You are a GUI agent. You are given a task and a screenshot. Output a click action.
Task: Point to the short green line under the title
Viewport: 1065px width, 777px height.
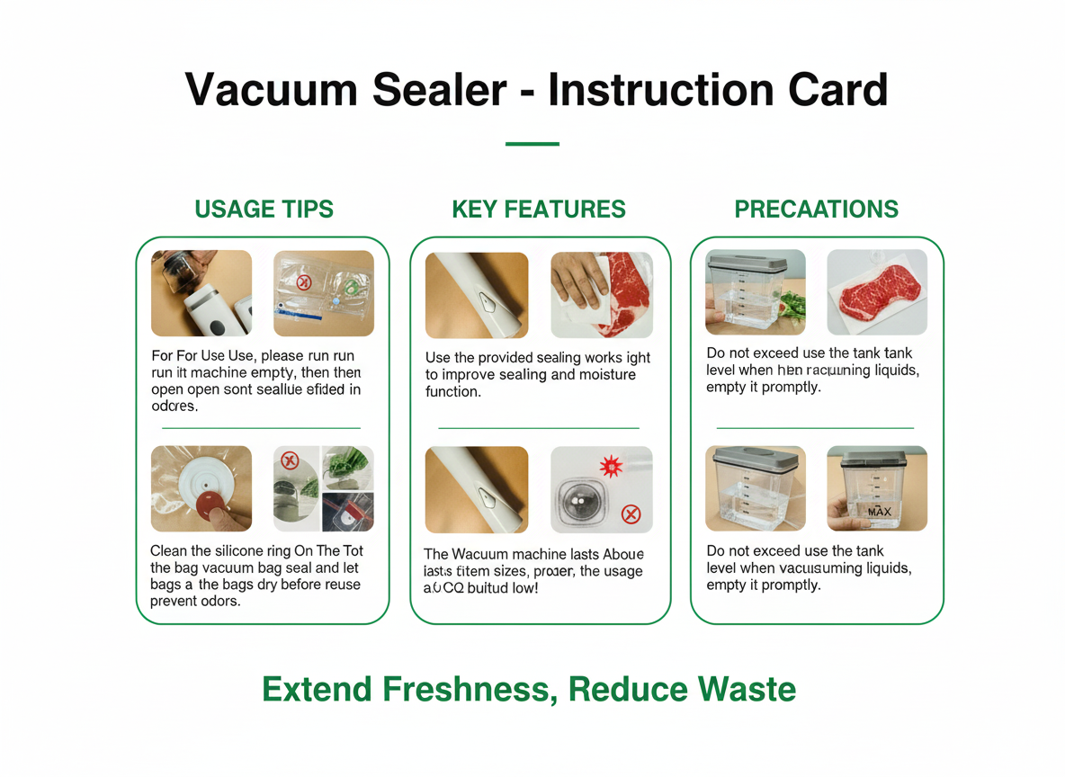coord(532,144)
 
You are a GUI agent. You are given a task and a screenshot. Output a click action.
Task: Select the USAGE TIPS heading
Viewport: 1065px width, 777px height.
coord(264,210)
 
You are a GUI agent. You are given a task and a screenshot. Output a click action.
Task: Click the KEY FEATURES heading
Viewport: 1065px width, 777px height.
coord(538,210)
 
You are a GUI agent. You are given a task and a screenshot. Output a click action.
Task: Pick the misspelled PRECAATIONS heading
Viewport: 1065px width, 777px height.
coord(816,210)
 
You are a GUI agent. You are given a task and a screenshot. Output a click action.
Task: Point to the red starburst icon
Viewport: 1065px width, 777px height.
coord(610,467)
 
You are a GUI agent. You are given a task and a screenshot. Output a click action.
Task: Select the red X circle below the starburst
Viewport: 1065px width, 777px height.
coord(631,514)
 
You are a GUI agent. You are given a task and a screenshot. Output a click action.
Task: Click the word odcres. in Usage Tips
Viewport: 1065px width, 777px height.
coord(174,406)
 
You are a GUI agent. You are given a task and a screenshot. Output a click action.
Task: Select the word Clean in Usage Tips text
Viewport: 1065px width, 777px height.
coord(168,550)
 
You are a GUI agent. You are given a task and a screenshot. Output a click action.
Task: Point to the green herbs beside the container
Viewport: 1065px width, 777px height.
coord(790,307)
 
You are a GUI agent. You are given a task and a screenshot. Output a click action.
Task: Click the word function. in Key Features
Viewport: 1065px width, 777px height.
coord(453,391)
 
